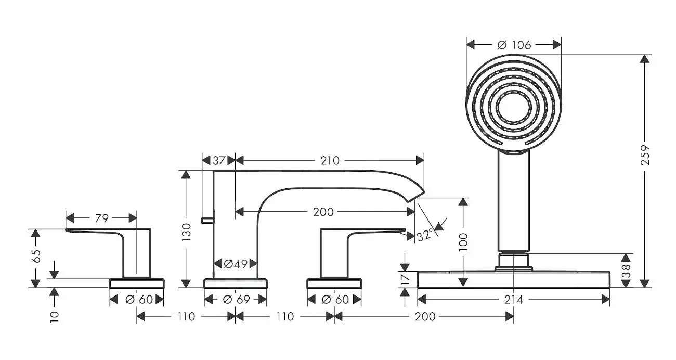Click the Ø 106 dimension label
pyautogui.click(x=514, y=45)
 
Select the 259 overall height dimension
pyautogui.click(x=645, y=155)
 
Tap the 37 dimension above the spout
pyautogui.click(x=219, y=160)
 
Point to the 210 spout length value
pyautogui.click(x=330, y=160)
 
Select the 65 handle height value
pyautogui.click(x=35, y=256)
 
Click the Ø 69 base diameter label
pyautogui.click(x=235, y=300)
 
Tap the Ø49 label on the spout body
pyautogui.click(x=235, y=264)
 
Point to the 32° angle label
pyautogui.click(x=425, y=235)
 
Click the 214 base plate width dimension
pyautogui.click(x=514, y=299)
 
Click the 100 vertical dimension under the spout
pyautogui.click(x=463, y=242)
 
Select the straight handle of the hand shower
pyautogui.click(x=514, y=200)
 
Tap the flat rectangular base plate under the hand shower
pyautogui.click(x=514, y=279)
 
